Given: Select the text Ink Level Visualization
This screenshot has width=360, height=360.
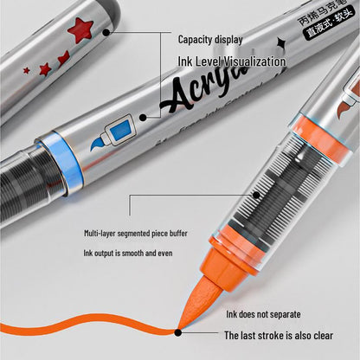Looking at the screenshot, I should [x=231, y=61].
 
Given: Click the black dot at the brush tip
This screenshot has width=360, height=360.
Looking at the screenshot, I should [x=178, y=330].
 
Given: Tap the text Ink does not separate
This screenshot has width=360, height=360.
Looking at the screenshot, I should [x=263, y=315].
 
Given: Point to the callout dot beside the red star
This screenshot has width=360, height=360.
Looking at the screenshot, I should [x=106, y=32].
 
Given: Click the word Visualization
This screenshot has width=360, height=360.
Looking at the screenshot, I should [x=253, y=61].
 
